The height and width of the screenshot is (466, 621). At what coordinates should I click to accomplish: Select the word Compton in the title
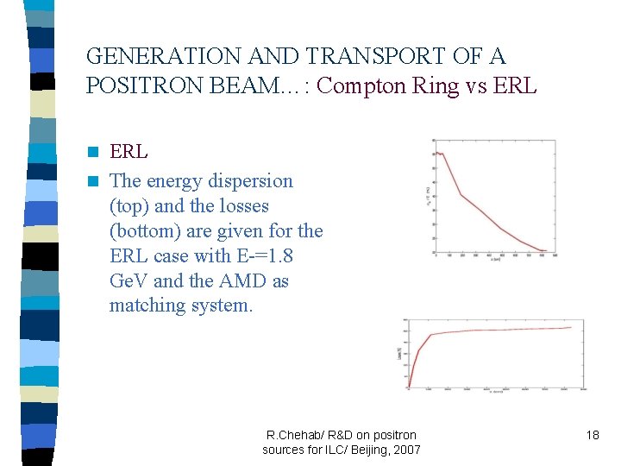362,86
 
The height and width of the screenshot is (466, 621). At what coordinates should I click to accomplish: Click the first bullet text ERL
129,152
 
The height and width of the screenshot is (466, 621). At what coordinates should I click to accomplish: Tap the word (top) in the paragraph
129,206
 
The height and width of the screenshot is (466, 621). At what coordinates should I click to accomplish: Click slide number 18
592,435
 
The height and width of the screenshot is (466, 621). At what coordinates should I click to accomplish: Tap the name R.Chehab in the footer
296,435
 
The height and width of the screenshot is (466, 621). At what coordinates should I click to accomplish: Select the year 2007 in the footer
405,450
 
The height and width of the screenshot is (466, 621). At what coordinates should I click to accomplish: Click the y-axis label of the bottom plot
398,354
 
